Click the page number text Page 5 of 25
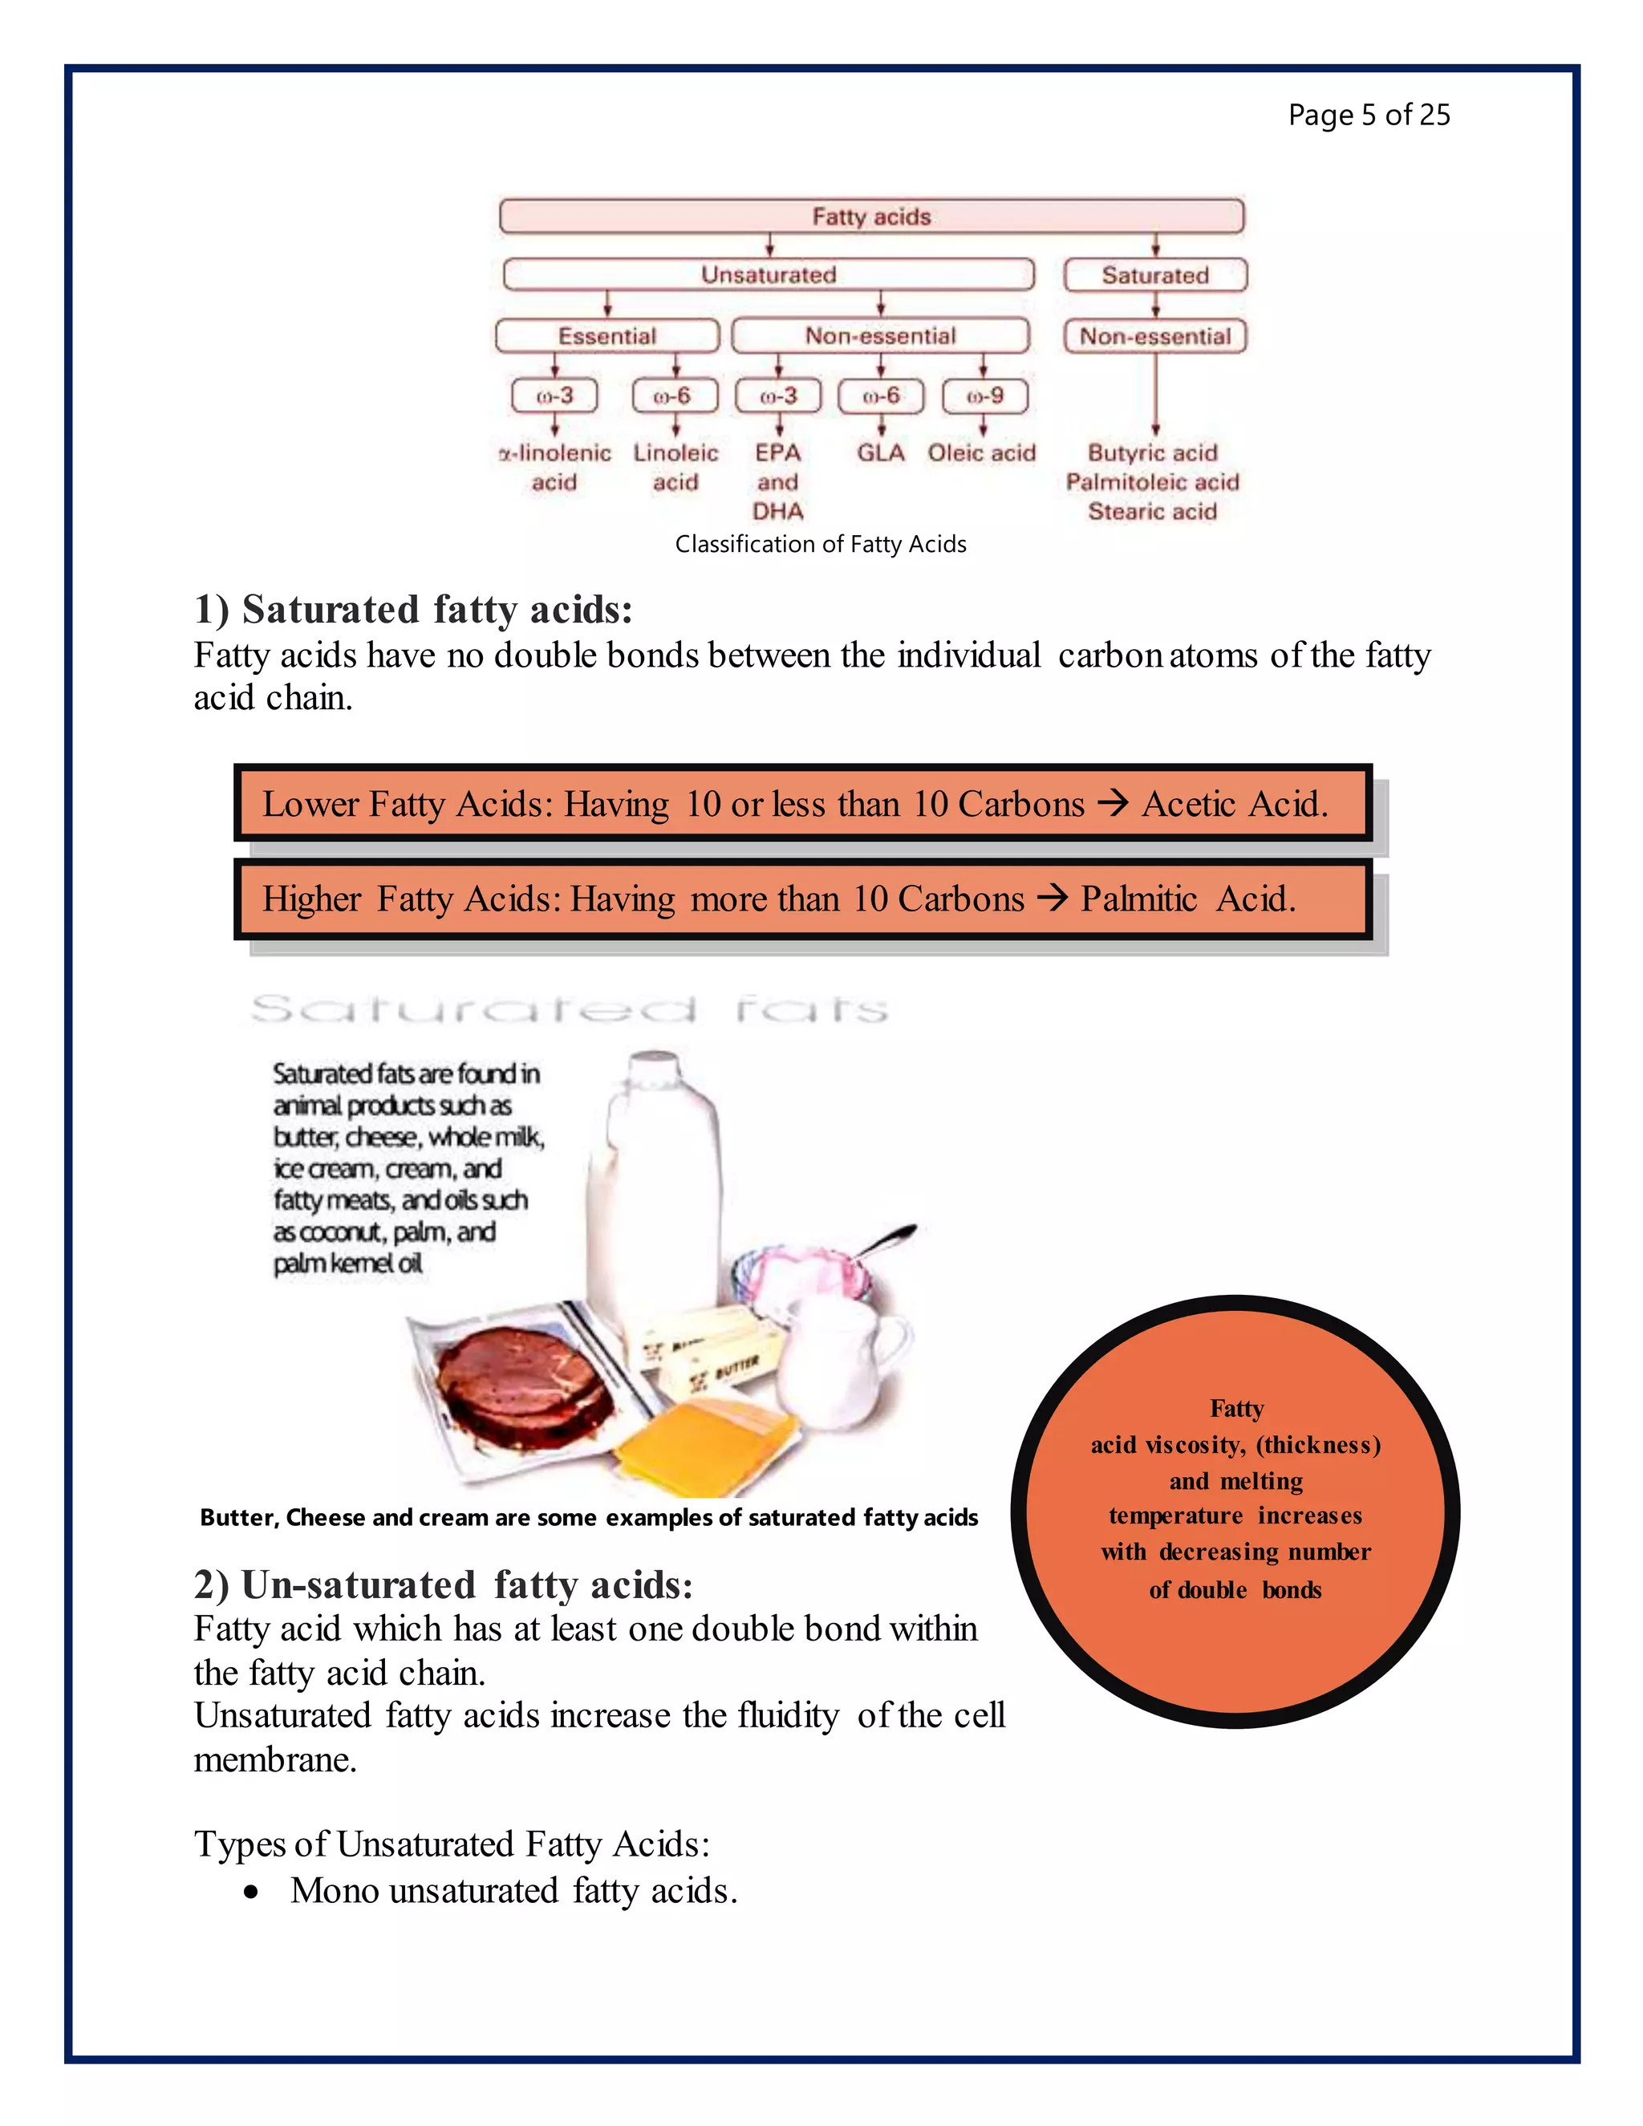[x=1369, y=115]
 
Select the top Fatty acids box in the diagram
[x=871, y=216]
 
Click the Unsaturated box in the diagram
[x=768, y=274]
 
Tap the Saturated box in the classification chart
[x=1154, y=275]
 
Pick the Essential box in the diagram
[x=606, y=336]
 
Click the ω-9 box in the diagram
[x=984, y=396]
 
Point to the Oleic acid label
[x=981, y=452]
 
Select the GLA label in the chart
[x=880, y=452]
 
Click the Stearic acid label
[x=1153, y=511]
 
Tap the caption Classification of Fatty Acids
[x=821, y=544]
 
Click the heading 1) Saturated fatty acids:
[x=414, y=610]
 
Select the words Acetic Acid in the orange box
[x=1234, y=804]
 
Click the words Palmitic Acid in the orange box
[x=1187, y=899]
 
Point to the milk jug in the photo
[x=654, y=1187]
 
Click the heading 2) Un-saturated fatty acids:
[x=443, y=1584]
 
